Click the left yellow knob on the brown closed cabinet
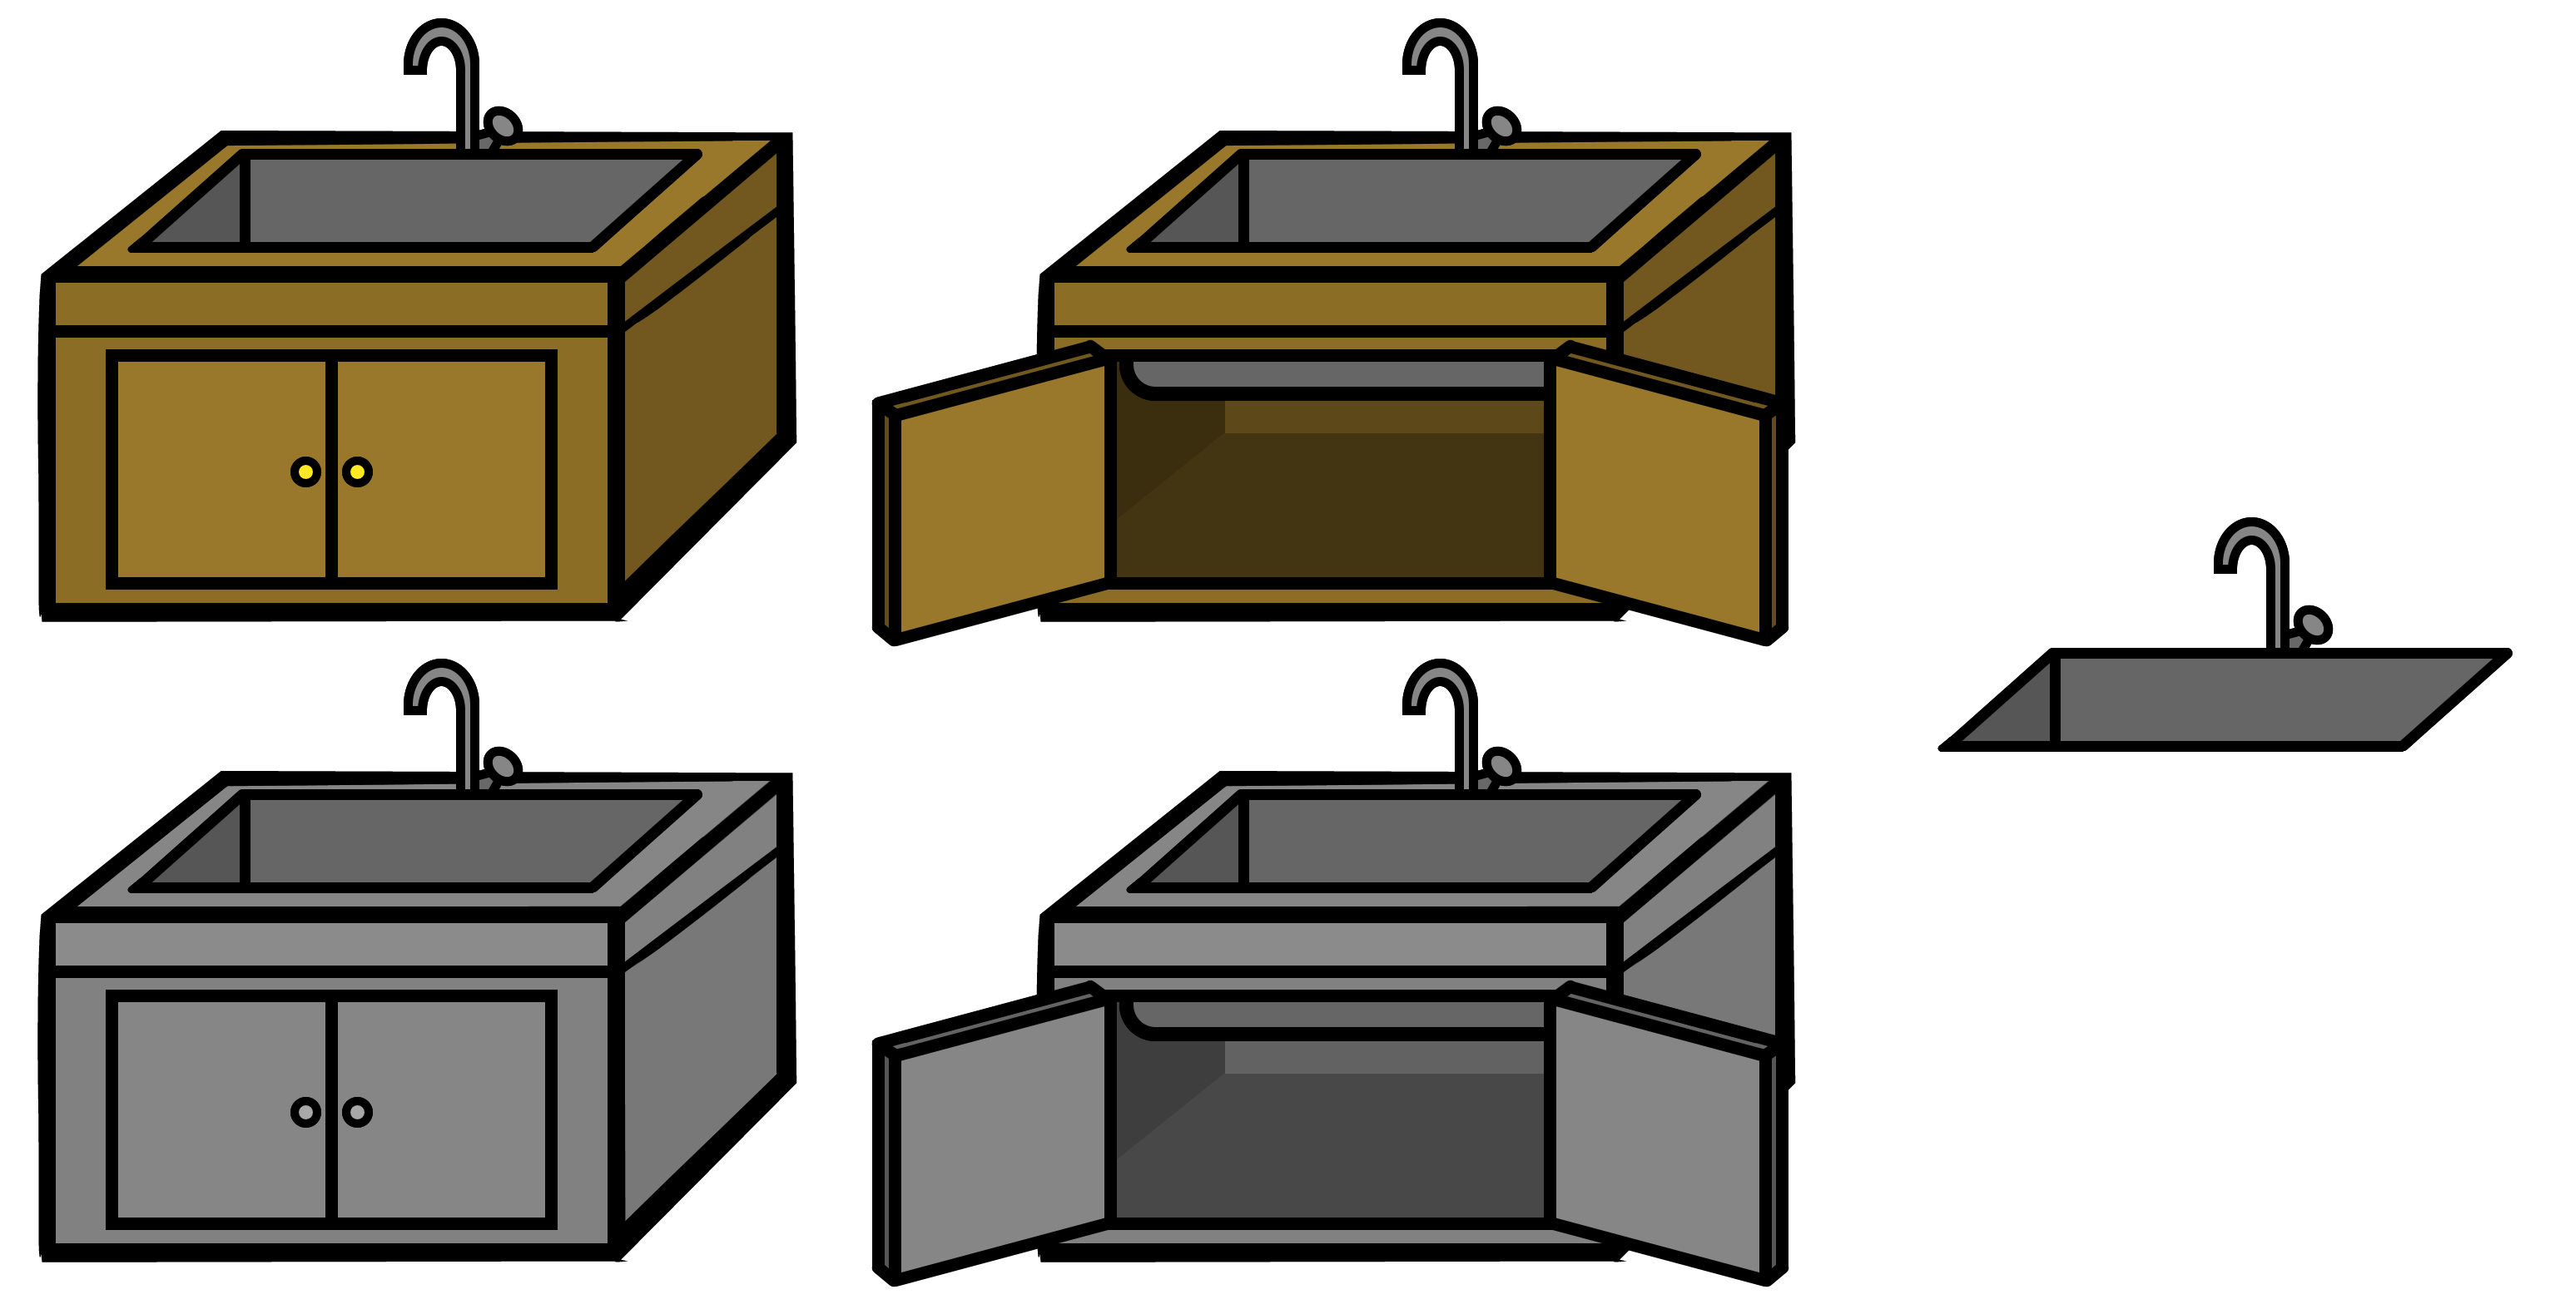[x=306, y=472]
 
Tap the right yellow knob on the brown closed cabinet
[x=357, y=472]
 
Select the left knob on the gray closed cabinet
[x=306, y=1112]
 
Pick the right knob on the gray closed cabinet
[x=357, y=1112]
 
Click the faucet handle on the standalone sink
[x=2314, y=625]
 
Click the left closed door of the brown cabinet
[x=221, y=469]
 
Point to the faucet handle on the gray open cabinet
[x=1501, y=766]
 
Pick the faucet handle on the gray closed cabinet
[x=503, y=766]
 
